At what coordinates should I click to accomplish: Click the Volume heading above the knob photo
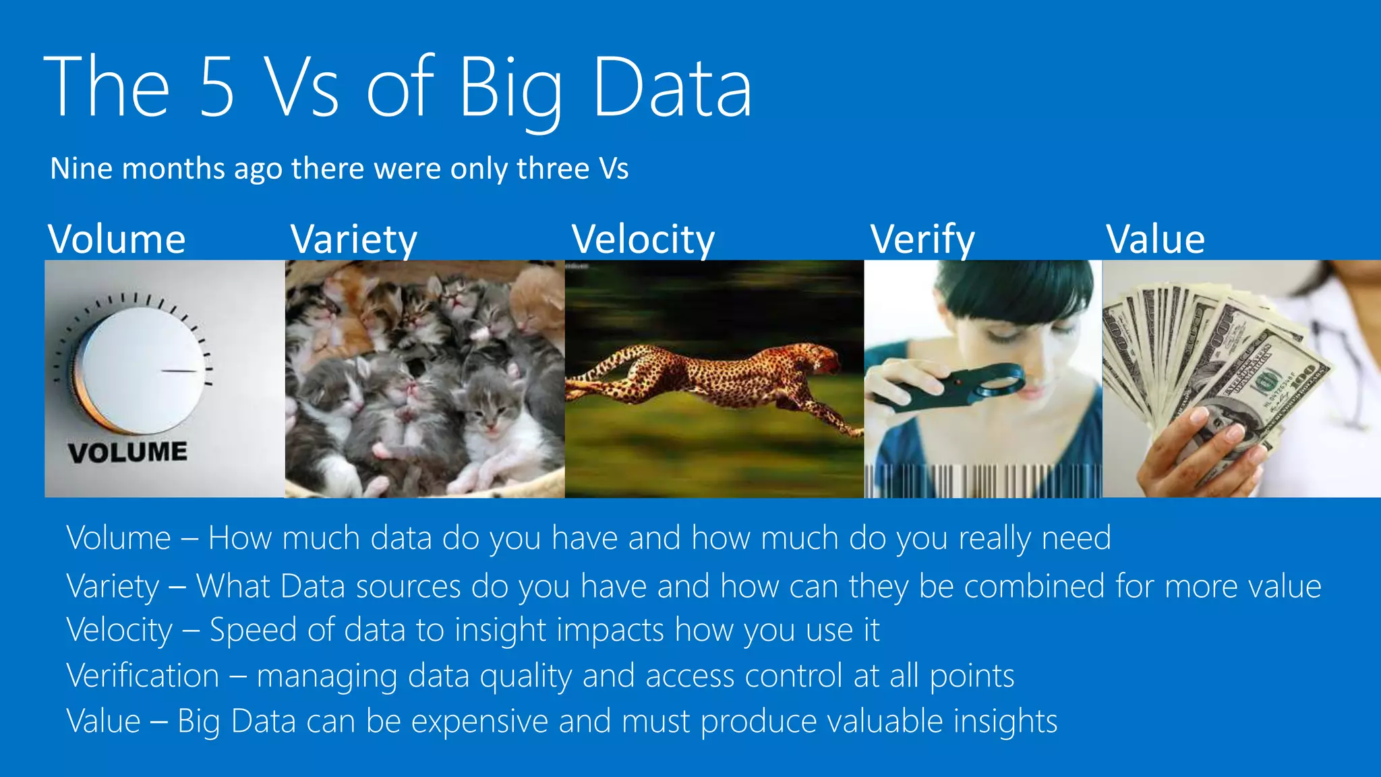coord(117,239)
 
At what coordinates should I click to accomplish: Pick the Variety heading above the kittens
coord(354,239)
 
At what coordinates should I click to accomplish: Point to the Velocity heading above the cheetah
coord(643,239)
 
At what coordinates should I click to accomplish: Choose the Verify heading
coord(922,239)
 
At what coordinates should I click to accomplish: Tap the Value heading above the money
coord(1155,239)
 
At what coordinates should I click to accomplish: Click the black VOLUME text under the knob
coord(127,452)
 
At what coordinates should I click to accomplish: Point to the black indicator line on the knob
coord(179,371)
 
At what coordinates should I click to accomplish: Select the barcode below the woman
coord(982,481)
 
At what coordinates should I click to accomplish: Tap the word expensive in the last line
coord(479,721)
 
